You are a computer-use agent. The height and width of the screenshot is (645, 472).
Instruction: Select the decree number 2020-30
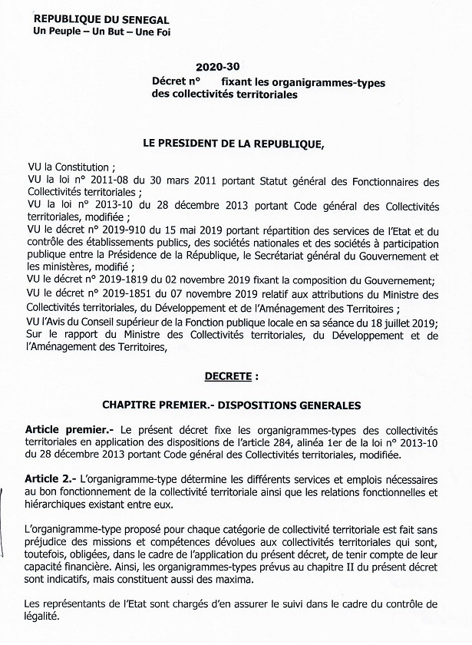tap(213, 68)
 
